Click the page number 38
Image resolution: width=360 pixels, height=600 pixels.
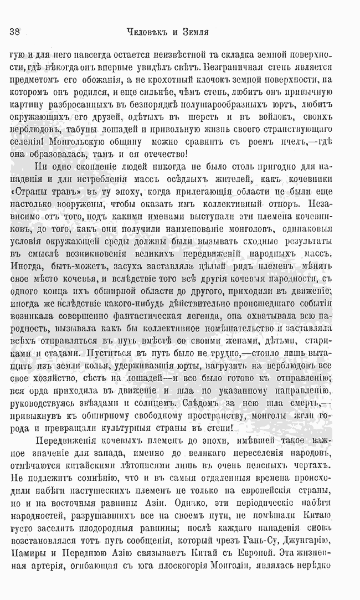point(15,32)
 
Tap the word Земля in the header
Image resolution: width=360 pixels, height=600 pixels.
point(193,32)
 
